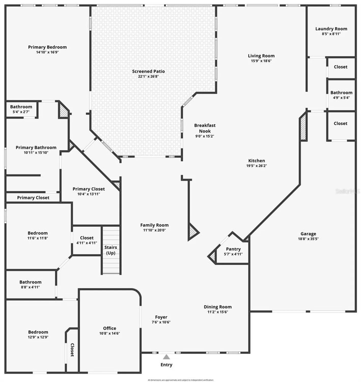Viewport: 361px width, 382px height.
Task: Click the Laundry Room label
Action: (x=331, y=29)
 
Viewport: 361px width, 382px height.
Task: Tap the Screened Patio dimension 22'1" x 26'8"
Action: (x=148, y=76)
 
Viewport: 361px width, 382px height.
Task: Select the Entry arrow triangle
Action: (x=166, y=357)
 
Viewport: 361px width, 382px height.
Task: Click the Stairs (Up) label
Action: (x=111, y=250)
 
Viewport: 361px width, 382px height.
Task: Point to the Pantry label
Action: (x=233, y=249)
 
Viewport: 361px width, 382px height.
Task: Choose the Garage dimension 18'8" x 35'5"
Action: (x=308, y=239)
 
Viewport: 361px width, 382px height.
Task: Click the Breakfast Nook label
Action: (x=205, y=128)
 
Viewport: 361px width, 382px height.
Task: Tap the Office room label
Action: (x=109, y=328)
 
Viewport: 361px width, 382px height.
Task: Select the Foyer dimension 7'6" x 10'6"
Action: (x=161, y=322)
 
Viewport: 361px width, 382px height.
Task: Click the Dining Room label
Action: (x=218, y=307)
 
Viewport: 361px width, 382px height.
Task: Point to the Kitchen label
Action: (x=257, y=161)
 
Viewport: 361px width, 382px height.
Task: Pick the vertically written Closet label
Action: (x=72, y=350)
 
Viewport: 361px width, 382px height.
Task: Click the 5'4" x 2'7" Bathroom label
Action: (x=21, y=107)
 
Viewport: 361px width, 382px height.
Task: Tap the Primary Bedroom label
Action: (x=47, y=47)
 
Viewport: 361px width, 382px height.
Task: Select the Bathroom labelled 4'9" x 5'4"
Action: (x=341, y=93)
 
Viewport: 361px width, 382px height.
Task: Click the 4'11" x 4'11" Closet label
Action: (x=87, y=238)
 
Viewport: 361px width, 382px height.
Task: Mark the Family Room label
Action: (x=154, y=225)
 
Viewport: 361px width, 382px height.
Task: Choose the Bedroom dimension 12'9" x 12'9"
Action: (x=38, y=337)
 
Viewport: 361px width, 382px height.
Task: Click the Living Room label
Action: (x=261, y=56)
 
